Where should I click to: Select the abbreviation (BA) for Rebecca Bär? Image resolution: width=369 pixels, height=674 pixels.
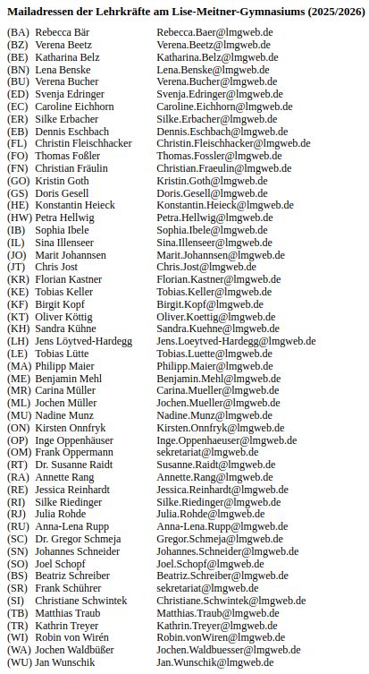18,31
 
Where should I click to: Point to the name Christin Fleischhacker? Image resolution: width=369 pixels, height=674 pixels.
84,143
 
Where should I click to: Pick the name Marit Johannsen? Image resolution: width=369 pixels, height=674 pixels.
71,255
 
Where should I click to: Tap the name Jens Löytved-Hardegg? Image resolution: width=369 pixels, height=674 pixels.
83,341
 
